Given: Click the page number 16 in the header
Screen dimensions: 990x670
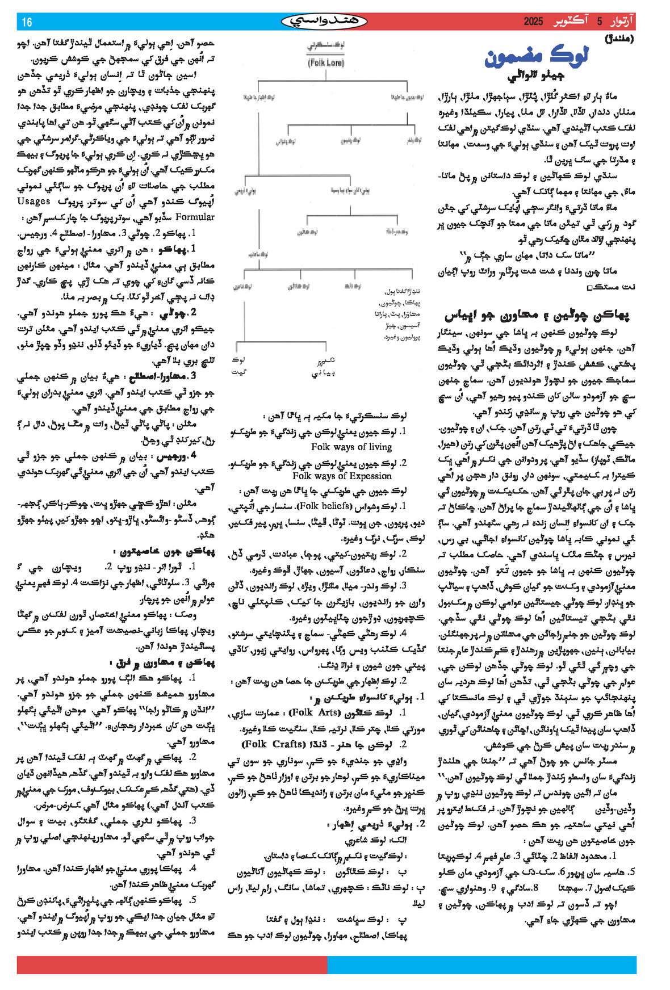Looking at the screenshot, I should tap(27, 22).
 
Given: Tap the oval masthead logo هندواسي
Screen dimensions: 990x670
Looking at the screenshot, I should tap(325, 22).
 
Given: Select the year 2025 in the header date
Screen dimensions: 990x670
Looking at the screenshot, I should tap(533, 22).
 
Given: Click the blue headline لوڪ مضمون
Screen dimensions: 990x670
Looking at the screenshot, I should tap(537, 57).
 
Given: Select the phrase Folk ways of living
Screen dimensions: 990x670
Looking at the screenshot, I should tap(351, 447).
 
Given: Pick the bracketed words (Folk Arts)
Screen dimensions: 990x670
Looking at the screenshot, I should tap(315, 712).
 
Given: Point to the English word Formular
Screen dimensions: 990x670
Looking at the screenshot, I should tap(195, 217).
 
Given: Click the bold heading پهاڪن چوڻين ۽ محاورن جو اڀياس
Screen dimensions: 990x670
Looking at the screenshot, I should tap(537, 314).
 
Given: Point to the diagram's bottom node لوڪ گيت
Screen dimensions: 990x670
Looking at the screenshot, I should tap(238, 366).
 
